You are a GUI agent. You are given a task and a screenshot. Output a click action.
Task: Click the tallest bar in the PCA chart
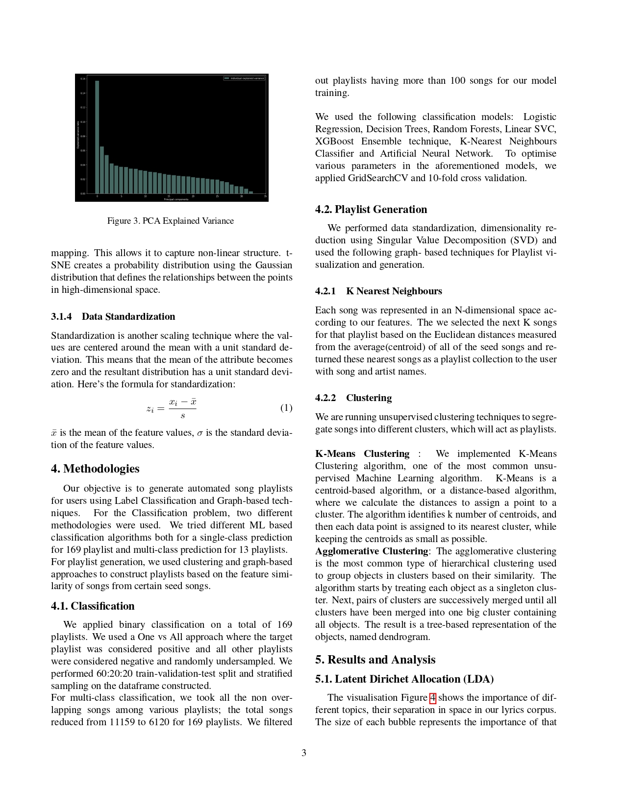97,137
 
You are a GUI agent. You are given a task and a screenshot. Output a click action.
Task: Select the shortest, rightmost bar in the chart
251,192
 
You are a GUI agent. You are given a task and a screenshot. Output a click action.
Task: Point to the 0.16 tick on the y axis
83,78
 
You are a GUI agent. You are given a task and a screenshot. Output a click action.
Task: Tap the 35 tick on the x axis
265,196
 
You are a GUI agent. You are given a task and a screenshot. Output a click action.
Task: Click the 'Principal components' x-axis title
176,199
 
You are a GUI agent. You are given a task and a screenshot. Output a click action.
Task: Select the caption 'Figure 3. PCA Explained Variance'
171,221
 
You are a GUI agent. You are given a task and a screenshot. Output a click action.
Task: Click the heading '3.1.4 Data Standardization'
113,317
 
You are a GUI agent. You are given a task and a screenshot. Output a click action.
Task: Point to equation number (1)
286,408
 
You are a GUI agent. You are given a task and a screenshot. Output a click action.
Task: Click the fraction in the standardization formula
182,408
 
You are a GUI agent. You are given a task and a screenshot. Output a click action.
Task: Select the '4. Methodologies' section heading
95,469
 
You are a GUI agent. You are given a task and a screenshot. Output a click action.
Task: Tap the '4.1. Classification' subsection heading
93,606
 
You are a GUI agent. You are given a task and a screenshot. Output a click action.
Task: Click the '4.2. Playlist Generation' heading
371,210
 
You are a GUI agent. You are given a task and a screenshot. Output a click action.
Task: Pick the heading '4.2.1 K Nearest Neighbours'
378,291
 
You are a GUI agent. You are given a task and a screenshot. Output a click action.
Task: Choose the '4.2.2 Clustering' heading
353,398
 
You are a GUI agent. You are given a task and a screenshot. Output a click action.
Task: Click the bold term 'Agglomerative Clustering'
372,551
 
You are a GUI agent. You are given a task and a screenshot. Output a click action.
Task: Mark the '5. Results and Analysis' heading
375,660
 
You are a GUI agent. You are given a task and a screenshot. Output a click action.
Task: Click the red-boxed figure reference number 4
432,698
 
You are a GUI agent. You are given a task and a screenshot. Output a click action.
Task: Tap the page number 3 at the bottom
304,753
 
